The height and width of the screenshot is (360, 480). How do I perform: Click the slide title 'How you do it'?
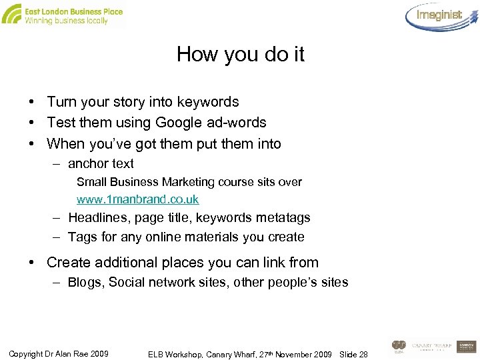pyautogui.click(x=240, y=54)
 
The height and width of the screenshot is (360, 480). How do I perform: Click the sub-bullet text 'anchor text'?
pyautogui.click(x=101, y=163)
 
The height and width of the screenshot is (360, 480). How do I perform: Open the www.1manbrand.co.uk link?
pyautogui.click(x=137, y=199)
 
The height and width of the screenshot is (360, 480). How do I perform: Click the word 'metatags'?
pyautogui.click(x=283, y=217)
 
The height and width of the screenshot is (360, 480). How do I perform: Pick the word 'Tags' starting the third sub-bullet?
pyautogui.click(x=82, y=237)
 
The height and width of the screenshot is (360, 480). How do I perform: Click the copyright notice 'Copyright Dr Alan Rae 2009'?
pyautogui.click(x=59, y=353)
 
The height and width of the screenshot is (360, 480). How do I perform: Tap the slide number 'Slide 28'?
pyautogui.click(x=353, y=353)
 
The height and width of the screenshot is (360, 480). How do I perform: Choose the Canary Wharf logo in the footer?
pyautogui.click(x=431, y=346)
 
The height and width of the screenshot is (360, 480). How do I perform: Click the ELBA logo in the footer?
pyautogui.click(x=399, y=346)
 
